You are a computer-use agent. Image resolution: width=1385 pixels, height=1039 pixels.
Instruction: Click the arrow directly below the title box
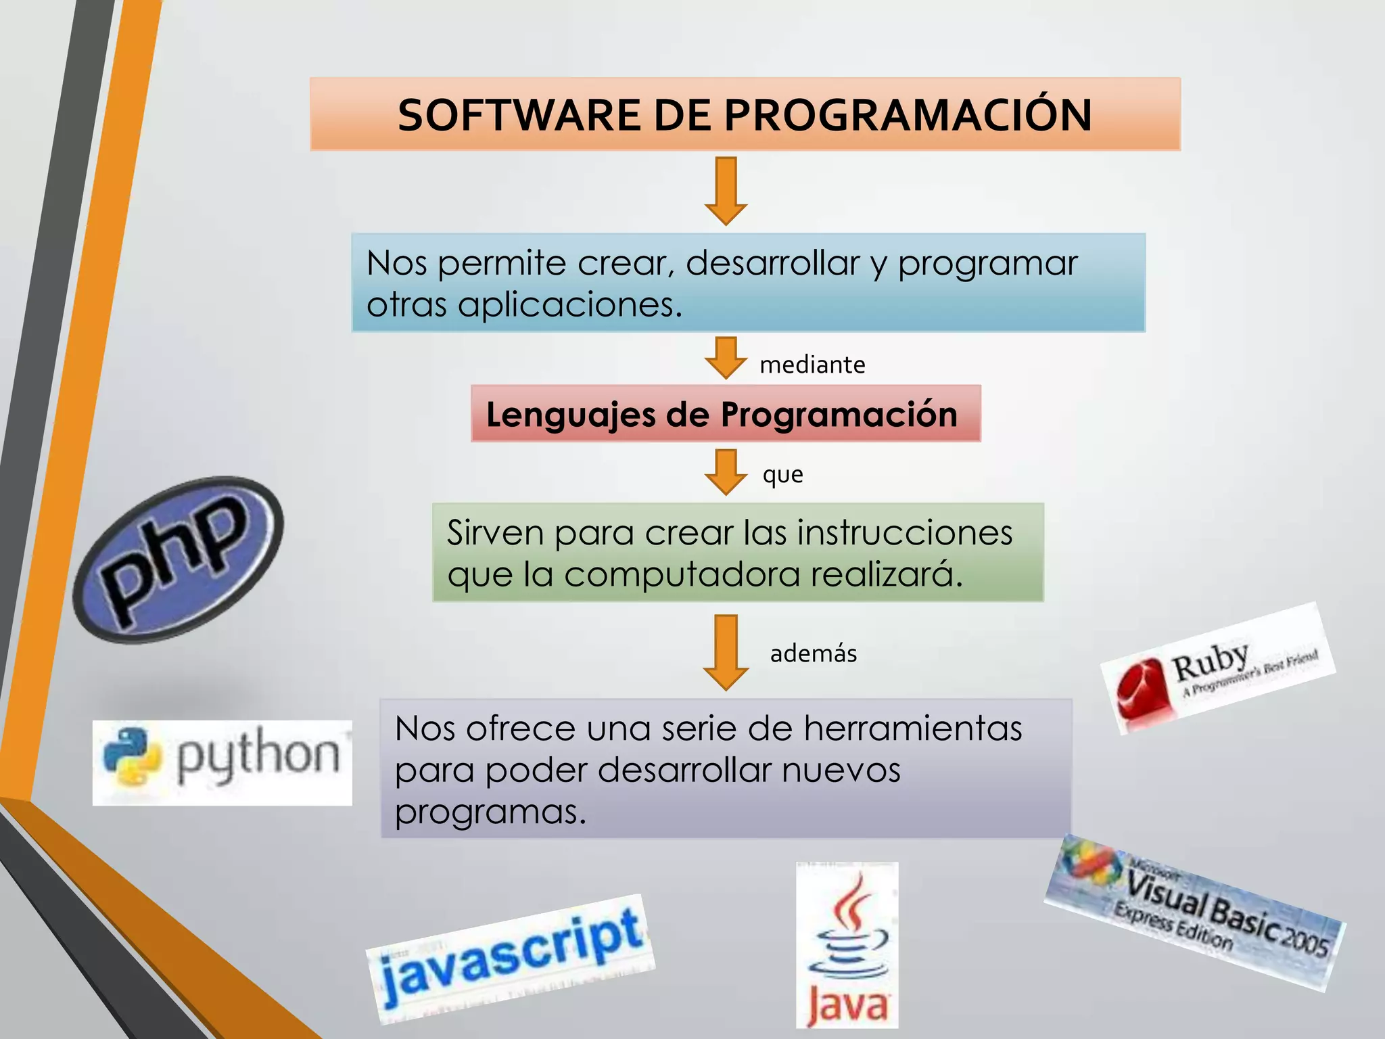tap(726, 191)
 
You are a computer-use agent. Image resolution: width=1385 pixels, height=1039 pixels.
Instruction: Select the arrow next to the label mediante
tap(726, 357)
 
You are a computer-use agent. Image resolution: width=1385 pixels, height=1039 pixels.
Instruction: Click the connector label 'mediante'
tap(812, 365)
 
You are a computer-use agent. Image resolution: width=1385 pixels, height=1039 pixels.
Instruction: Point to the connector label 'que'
tap(782, 475)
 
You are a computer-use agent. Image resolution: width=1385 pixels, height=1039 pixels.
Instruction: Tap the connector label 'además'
tap(813, 653)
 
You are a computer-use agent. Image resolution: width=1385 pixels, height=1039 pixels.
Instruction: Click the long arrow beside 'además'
tap(726, 652)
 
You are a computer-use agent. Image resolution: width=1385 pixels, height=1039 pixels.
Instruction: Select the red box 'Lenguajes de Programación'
tap(726, 414)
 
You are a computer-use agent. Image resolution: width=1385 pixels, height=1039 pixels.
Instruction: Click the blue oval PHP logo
tap(179, 559)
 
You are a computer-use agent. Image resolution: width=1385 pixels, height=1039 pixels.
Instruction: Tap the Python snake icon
tap(132, 757)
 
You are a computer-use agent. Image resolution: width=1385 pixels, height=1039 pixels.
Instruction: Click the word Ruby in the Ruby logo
tap(1210, 663)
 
